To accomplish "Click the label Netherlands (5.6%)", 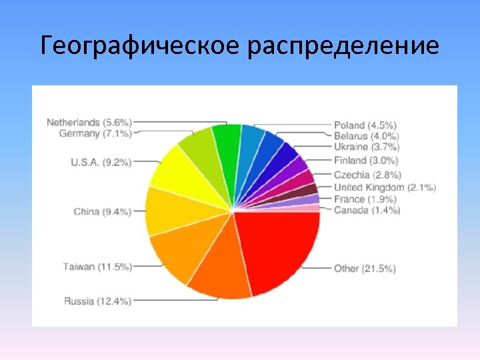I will [89, 123].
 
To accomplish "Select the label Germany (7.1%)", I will [95, 133].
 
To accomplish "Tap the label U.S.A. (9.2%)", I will [101, 161].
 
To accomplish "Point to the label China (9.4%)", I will [103, 212].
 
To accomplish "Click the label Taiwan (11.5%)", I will [97, 267].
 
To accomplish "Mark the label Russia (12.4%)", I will [97, 301].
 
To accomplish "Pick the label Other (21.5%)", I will [365, 269].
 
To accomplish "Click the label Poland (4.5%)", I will [365, 125].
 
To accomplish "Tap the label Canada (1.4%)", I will [367, 210].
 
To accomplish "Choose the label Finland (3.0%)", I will [365, 160].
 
